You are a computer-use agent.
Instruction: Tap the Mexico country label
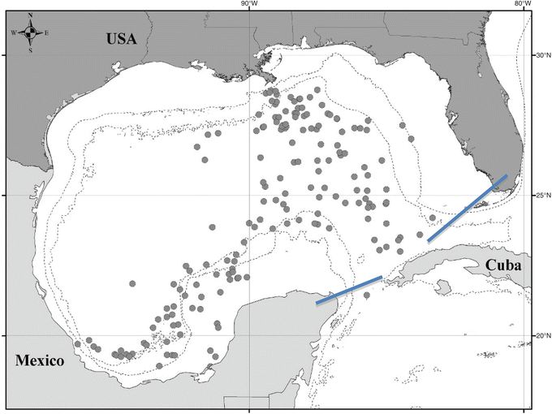(40, 360)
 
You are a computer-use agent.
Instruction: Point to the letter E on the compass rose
(46, 32)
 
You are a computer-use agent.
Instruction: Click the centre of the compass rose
(29, 32)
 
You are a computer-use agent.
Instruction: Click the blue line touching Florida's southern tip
(468, 208)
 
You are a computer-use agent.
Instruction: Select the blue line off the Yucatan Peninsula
(348, 291)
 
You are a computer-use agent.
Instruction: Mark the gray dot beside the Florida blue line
(433, 218)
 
